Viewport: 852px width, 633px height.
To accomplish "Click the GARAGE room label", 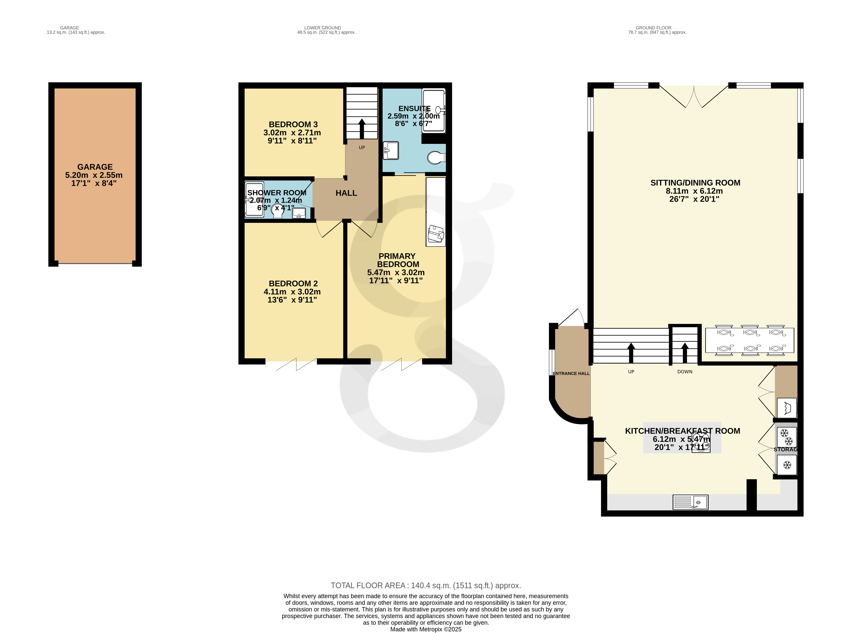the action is (95, 167).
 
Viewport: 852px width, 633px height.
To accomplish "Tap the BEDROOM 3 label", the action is (293, 125).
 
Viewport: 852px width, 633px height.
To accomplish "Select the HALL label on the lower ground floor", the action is (346, 193).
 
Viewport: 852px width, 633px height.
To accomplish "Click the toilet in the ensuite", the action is (436, 157).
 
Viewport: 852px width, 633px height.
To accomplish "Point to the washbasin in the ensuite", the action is (391, 150).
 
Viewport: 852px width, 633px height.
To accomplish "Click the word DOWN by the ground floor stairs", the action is (685, 372).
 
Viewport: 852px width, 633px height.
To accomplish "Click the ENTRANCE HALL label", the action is (571, 374).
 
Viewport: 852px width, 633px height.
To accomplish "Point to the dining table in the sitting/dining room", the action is (750, 340).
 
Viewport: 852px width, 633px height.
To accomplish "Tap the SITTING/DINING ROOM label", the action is (695, 183).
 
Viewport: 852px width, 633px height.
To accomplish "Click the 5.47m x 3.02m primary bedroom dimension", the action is (396, 272).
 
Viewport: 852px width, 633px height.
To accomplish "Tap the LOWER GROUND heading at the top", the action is (322, 28).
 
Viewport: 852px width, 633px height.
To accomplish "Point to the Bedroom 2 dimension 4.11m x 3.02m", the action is (292, 292).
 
